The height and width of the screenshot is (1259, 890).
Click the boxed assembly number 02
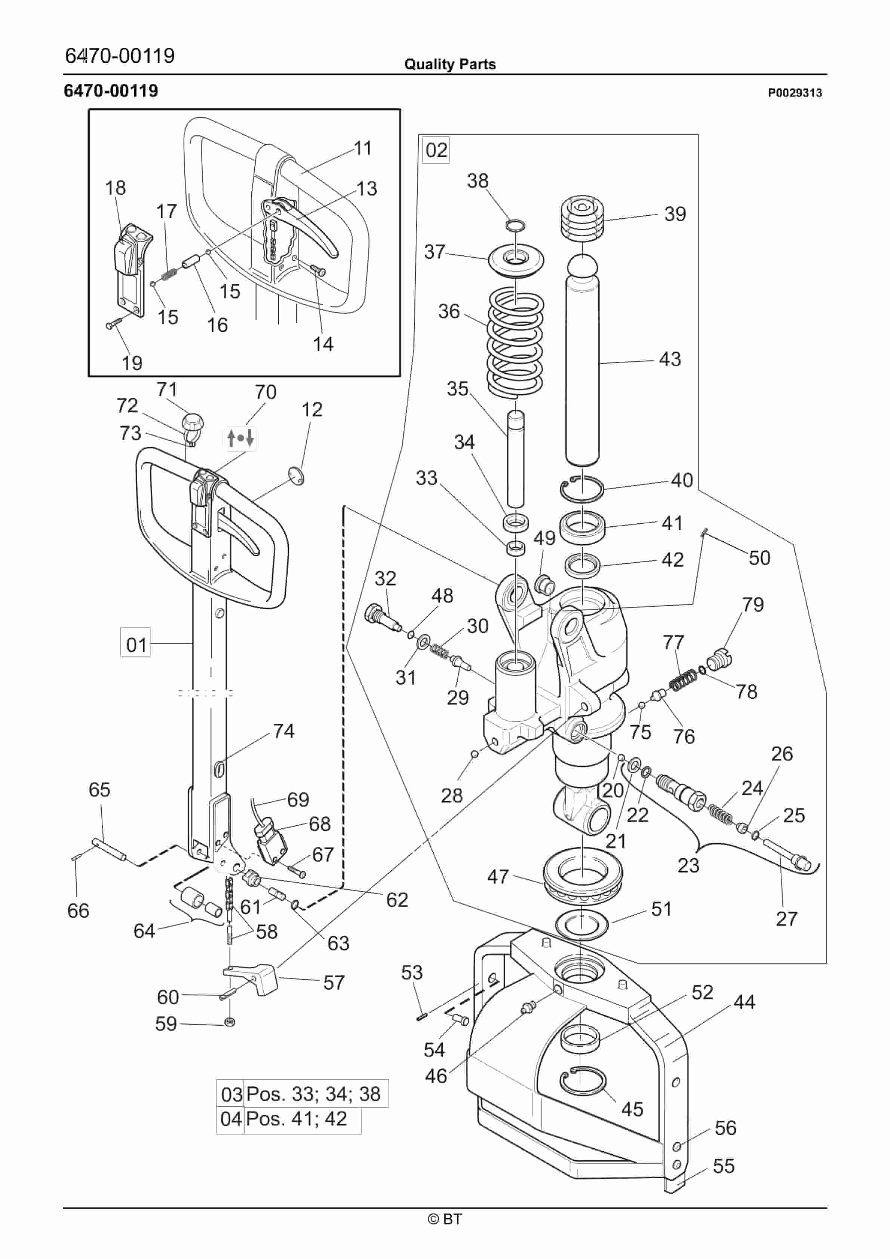tap(437, 150)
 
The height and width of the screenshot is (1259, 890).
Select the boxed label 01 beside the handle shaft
tap(135, 644)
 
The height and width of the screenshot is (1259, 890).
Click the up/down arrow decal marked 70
tap(241, 438)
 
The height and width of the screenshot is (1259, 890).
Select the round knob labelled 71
tap(193, 422)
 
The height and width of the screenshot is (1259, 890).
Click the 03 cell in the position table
tap(231, 1094)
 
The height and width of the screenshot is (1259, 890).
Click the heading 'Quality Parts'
tap(449, 64)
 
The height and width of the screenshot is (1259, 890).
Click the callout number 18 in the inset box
tap(115, 188)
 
